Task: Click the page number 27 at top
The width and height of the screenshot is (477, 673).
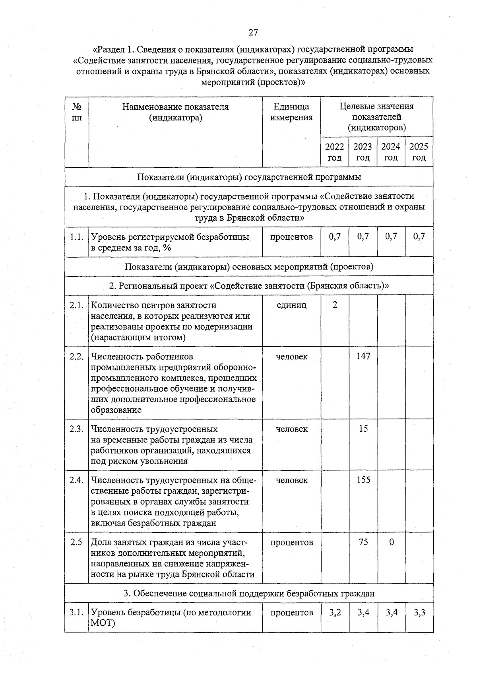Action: pos(253,33)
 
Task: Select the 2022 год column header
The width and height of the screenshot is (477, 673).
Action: pos(334,152)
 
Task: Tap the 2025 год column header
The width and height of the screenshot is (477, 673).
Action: pos(419,152)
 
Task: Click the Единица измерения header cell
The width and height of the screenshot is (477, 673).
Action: pos(291,112)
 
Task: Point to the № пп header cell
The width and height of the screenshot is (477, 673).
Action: pos(77,112)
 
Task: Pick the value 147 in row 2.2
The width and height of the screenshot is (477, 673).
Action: pos(363,356)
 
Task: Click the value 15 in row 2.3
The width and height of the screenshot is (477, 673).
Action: pos(363,429)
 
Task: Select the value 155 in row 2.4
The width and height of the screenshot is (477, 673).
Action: pos(363,480)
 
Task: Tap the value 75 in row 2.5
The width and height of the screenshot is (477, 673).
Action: pos(363,542)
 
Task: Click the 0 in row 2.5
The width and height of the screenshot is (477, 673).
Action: pos(391,542)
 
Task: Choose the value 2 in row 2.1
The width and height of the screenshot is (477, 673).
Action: pos(335,305)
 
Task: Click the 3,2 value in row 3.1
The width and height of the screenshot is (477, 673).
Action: pos(335,612)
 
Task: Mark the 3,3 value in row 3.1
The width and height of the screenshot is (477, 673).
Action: pos(419,612)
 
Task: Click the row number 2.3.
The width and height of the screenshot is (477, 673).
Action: pos(76,429)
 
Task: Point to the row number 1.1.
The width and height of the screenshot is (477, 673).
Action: pos(76,237)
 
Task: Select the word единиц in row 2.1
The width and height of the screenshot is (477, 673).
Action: pos(291,305)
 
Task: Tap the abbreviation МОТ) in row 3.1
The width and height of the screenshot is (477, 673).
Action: pos(103,623)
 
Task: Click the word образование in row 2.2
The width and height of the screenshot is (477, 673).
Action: pos(116,410)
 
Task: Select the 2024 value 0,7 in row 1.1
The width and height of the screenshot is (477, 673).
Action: pos(391,237)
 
